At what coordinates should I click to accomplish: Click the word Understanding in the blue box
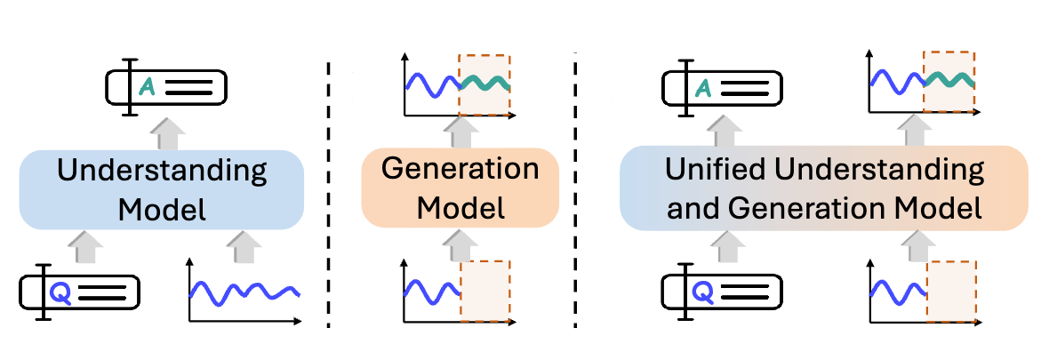(162, 172)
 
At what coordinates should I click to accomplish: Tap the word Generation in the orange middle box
(460, 169)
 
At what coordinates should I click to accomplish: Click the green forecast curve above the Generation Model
(484, 83)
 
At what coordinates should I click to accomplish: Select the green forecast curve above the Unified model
(949, 80)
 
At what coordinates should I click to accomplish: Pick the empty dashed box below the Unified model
(949, 288)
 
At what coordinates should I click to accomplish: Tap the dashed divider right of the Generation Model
(575, 191)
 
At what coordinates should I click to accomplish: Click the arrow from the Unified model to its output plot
(913, 131)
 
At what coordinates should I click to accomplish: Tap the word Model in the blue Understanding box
(162, 210)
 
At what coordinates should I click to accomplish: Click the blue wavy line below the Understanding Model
(244, 291)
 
